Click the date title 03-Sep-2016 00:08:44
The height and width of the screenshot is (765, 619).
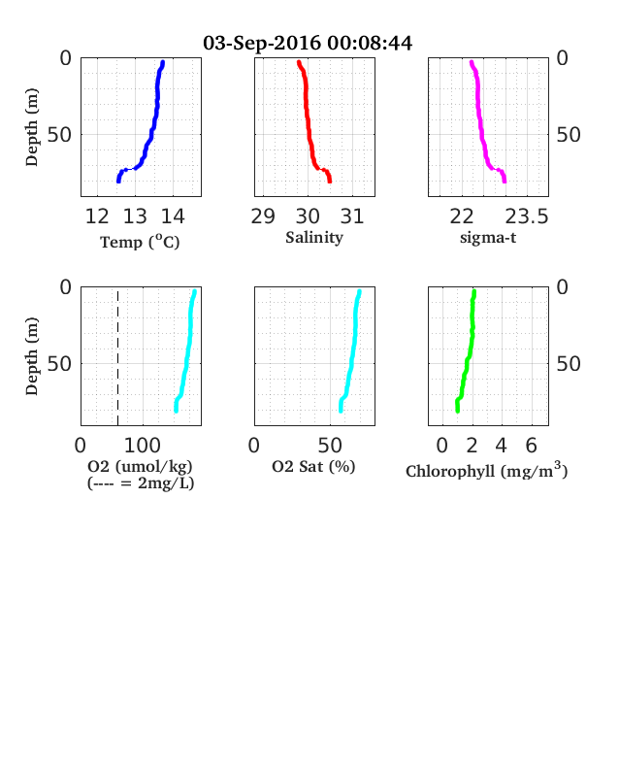tap(308, 43)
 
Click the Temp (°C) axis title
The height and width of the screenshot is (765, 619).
tap(140, 242)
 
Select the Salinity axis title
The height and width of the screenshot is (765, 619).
tap(314, 238)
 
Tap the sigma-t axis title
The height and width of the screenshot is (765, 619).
tap(488, 238)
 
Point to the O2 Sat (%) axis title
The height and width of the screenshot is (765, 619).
tap(313, 466)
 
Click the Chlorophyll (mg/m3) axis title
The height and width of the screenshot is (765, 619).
tap(487, 470)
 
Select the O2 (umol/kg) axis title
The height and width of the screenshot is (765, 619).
tap(140, 466)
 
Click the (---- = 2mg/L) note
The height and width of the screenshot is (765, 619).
tap(141, 483)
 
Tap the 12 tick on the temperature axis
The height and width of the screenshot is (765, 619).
tap(97, 216)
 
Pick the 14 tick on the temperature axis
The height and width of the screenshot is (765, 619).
tap(173, 216)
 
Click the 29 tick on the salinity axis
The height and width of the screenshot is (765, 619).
tap(263, 216)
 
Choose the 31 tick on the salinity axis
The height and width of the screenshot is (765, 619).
tap(352, 216)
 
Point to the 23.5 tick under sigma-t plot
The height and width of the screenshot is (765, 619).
tap(527, 216)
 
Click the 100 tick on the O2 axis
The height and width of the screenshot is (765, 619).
tap(143, 446)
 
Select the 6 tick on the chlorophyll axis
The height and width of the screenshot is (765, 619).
tap(532, 446)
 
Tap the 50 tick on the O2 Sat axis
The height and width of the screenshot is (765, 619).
tap(330, 446)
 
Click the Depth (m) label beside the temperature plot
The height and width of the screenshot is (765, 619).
tap(32, 127)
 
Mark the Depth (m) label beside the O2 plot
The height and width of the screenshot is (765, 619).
tap(32, 356)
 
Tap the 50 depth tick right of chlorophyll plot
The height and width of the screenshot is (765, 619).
tap(569, 364)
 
